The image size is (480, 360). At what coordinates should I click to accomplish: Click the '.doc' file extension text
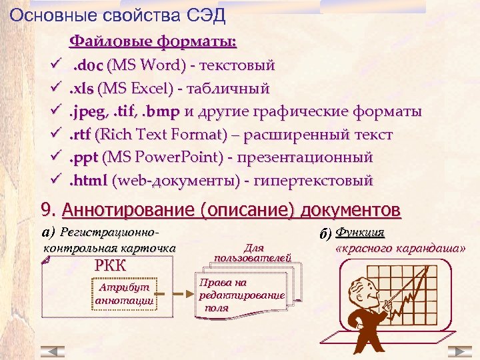point(87,65)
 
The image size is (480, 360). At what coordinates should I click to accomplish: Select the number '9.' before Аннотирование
point(49,211)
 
